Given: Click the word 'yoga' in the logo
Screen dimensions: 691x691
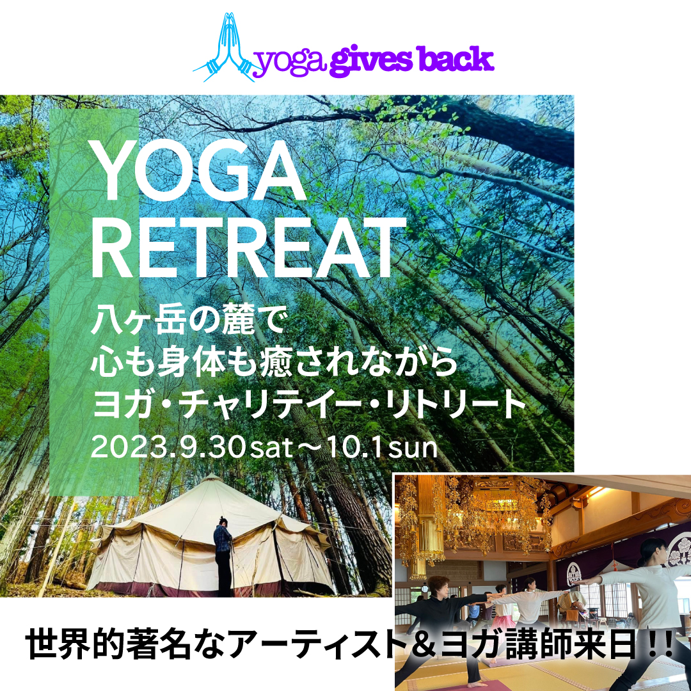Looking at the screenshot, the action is click(x=291, y=63).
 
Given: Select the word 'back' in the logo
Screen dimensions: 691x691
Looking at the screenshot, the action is click(x=456, y=59).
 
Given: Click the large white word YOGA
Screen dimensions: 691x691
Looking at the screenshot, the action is click(x=198, y=171).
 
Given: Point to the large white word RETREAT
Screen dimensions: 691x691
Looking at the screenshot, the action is click(x=248, y=247).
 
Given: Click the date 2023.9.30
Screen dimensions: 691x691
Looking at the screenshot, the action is click(x=168, y=447).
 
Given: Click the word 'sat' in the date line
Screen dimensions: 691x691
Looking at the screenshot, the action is click(x=271, y=449).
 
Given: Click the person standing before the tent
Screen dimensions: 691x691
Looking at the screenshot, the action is click(x=223, y=556).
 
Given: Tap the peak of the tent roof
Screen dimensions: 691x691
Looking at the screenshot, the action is click(x=212, y=475).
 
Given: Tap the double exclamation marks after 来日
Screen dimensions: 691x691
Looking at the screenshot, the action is click(x=660, y=645).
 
